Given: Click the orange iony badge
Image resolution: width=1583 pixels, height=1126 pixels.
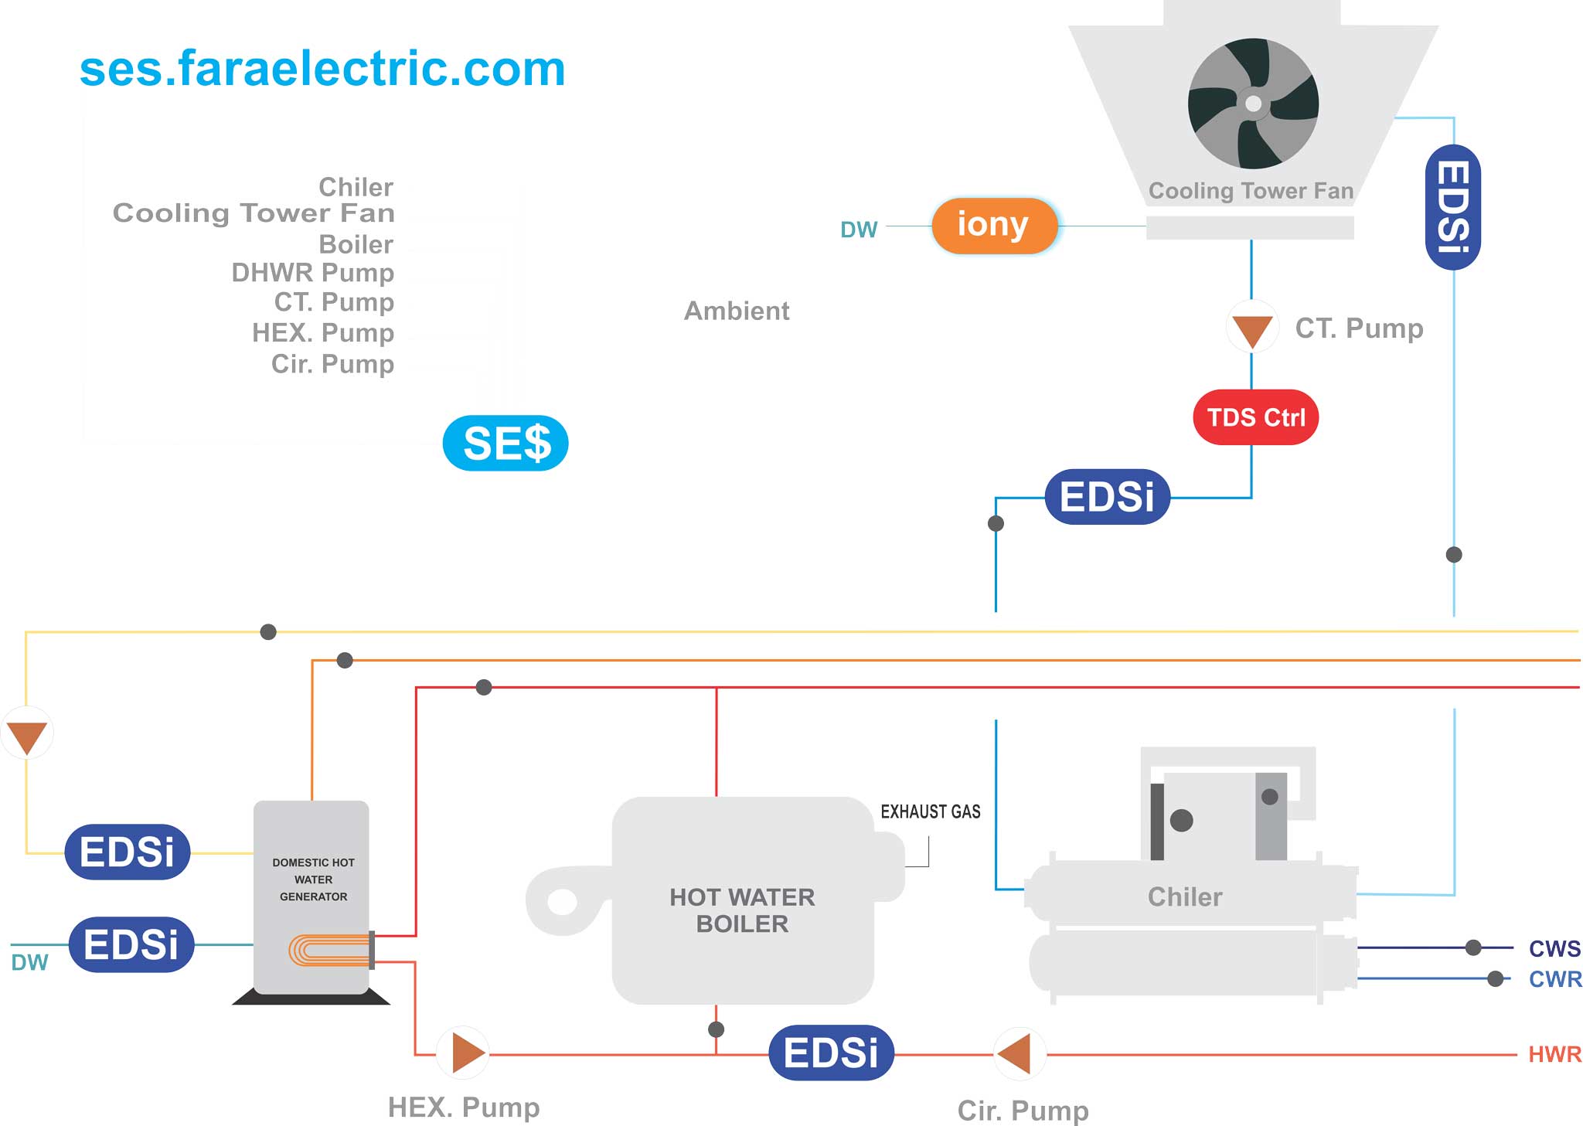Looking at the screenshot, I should click(994, 226).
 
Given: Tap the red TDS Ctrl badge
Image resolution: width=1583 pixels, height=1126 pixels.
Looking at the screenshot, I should click(1256, 417).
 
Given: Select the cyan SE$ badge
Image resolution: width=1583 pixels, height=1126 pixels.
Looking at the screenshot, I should click(506, 443).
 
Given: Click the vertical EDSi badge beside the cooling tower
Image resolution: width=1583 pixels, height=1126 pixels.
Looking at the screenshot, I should click(1453, 207).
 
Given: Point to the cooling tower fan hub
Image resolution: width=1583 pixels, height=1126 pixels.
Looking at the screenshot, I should click(1254, 104).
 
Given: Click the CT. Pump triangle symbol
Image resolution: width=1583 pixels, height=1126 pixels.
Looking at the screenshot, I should click(1252, 328).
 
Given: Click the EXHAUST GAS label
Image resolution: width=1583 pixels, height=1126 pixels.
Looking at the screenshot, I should click(931, 811).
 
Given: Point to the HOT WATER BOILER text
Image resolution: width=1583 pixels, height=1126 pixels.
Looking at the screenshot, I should click(742, 910).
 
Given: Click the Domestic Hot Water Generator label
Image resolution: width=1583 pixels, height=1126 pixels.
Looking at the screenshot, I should click(313, 879).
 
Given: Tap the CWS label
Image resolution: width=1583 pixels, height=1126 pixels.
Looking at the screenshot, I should click(1554, 948).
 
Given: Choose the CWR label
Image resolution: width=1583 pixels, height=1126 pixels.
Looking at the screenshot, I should click(1554, 979).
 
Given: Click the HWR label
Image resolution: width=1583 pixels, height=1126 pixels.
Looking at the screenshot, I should click(1554, 1054).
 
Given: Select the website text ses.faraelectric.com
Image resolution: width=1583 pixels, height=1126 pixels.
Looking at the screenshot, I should click(322, 68).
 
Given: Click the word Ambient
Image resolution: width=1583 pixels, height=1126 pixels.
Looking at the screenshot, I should click(737, 311).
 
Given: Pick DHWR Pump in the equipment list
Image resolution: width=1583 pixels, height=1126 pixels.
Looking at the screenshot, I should click(313, 273).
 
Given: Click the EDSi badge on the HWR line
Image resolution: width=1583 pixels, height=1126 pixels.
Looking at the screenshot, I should click(832, 1053).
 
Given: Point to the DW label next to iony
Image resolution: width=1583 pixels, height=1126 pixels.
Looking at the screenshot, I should click(859, 230).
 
